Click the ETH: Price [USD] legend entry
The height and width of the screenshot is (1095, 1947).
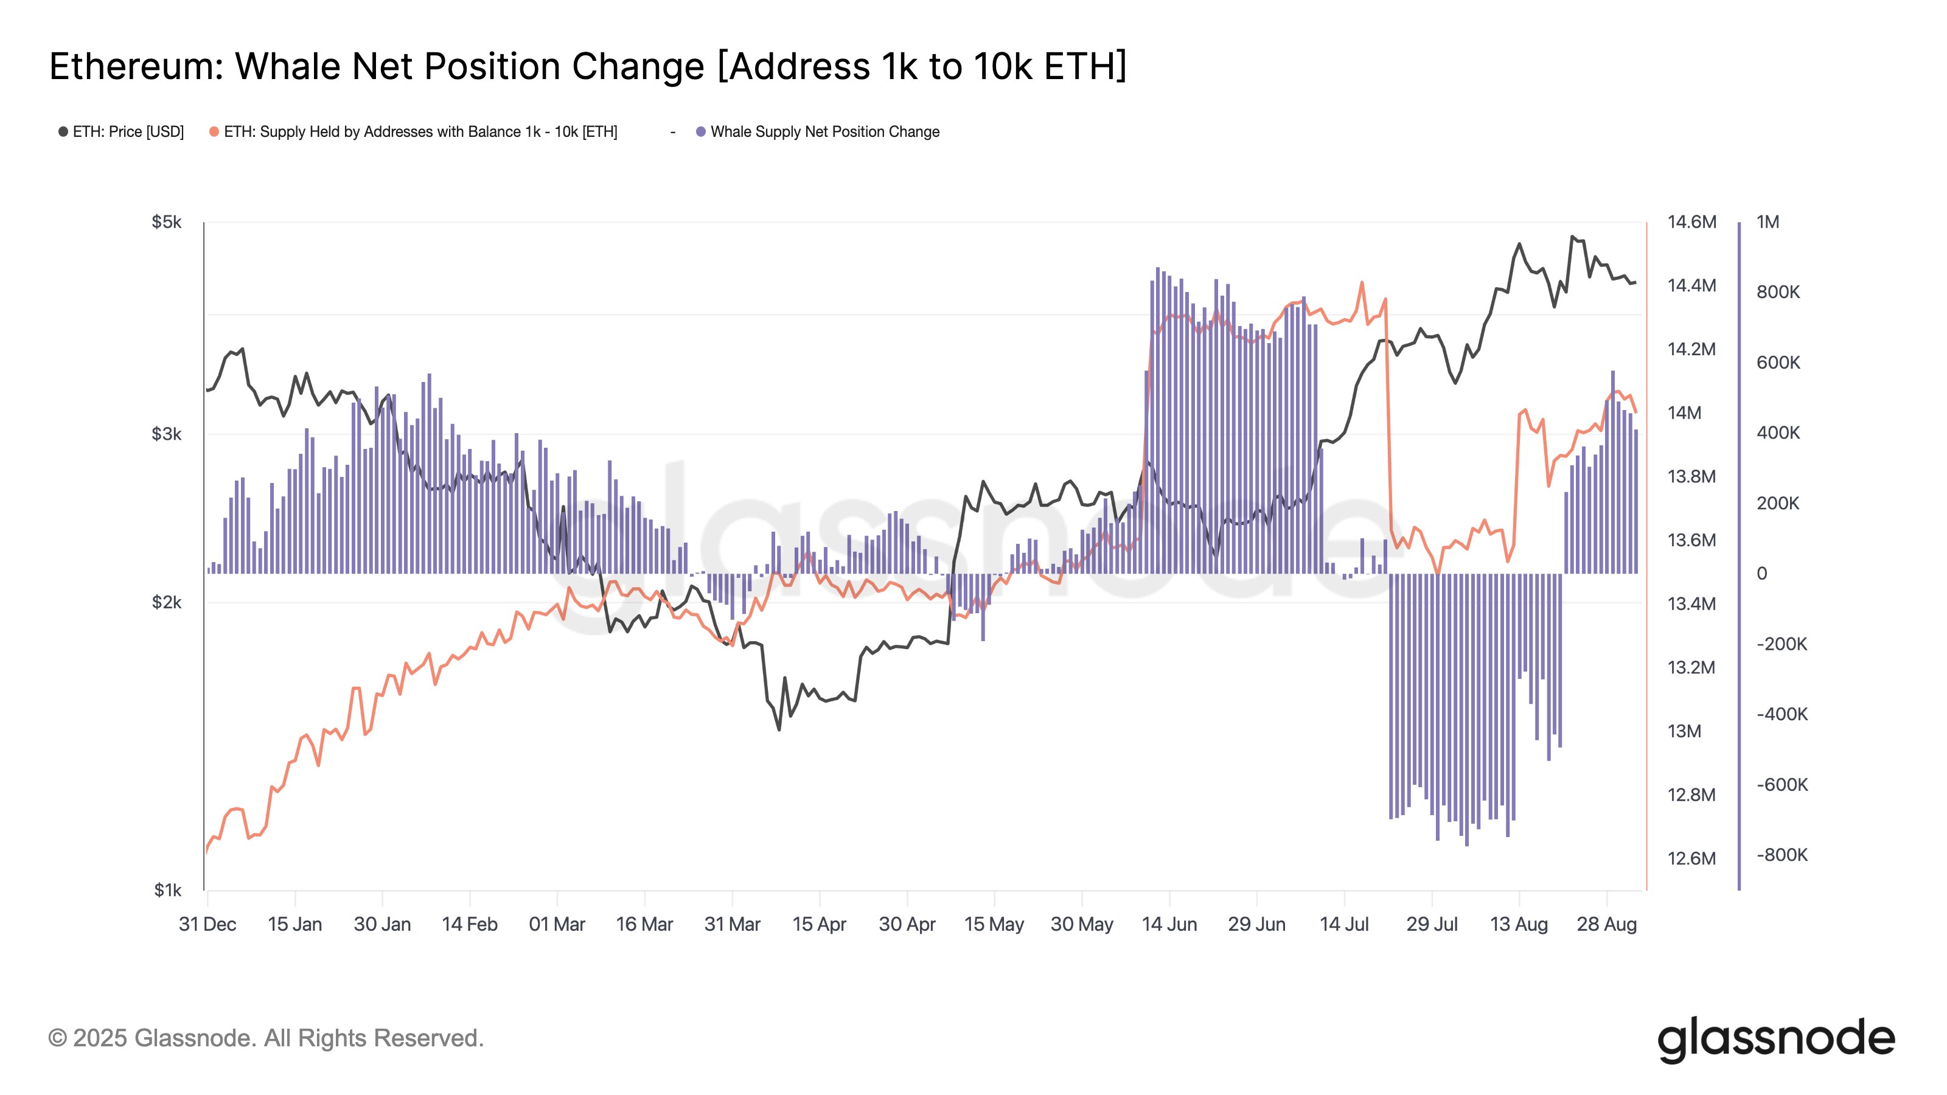coord(128,131)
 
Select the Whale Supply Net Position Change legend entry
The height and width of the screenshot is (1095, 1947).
coord(824,131)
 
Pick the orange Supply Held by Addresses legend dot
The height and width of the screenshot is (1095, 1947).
coord(214,131)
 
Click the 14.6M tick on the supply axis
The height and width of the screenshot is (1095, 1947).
coord(1691,221)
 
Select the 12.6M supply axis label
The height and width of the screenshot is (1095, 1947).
coord(1691,858)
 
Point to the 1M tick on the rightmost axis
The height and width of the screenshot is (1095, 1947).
coord(1767,221)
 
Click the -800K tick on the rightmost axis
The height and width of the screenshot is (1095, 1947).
coord(1782,855)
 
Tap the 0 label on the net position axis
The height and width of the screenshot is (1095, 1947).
coord(1762,574)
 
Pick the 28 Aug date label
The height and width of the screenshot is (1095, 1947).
coord(1606,924)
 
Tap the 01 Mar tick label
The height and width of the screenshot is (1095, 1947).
coord(557,924)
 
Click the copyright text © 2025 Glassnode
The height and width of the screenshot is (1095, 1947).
coord(265,1038)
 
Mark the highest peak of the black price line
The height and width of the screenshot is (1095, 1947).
coord(1572,237)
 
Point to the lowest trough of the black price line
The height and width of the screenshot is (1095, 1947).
coord(779,729)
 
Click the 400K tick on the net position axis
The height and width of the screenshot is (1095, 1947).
coord(1778,433)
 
